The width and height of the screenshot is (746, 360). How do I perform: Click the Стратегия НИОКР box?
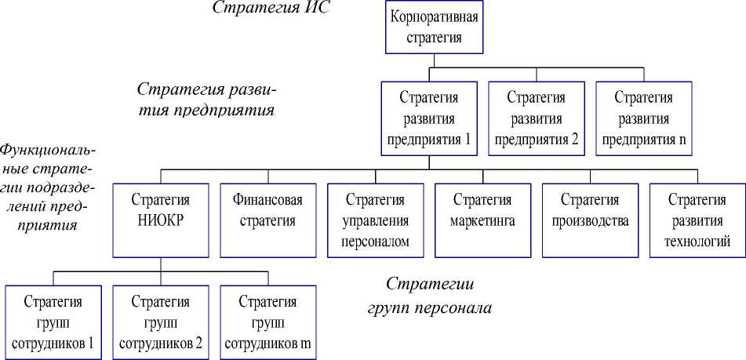point(161,220)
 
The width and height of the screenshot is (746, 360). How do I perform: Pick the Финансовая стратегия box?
point(268,220)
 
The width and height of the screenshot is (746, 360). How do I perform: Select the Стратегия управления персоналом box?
point(375,220)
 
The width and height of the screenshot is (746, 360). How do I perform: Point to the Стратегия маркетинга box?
point(482,220)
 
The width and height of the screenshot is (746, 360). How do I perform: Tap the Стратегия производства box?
point(590,220)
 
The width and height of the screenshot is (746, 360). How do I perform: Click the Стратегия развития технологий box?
point(697,220)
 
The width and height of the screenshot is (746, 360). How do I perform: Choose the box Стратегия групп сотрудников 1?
point(53,322)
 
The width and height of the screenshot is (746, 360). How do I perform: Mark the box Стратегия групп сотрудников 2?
point(161,322)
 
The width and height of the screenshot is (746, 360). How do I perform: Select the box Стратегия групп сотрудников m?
point(268,322)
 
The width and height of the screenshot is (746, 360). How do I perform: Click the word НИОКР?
point(161,220)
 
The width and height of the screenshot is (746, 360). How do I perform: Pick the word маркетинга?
point(482,220)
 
